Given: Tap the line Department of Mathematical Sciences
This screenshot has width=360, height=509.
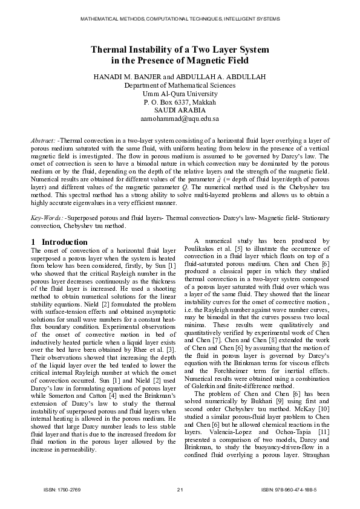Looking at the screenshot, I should coord(180,86).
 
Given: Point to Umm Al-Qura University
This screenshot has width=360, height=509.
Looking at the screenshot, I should coord(180,94).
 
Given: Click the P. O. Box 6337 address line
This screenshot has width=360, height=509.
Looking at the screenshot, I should coord(180,103).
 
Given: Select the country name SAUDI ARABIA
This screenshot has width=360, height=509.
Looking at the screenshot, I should coord(180,111).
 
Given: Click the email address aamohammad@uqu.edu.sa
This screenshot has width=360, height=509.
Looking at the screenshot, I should coord(180,120).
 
